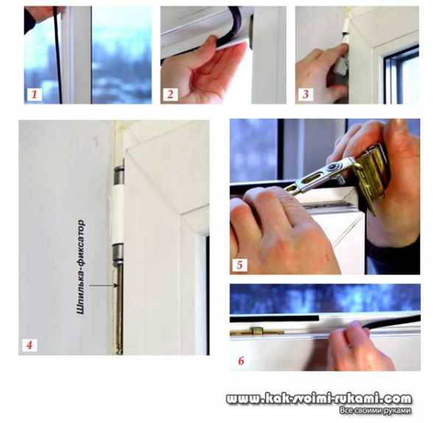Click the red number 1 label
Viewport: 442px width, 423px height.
coord(34,94)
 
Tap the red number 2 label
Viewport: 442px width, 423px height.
coord(170,94)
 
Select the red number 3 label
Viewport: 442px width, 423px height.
coord(306,94)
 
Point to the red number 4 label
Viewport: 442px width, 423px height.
coord(29,345)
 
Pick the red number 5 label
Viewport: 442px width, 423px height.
coord(239,265)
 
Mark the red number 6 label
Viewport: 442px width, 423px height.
coord(241,360)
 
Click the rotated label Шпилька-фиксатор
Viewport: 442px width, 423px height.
coord(80,267)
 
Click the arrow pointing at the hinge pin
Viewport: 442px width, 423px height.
coord(103,286)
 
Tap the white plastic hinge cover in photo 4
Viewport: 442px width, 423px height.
coord(116,214)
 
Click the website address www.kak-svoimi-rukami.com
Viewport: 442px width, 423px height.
coord(319,399)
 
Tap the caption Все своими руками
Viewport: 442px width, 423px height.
coord(376,410)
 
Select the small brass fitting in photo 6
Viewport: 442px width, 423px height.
coord(256,331)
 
